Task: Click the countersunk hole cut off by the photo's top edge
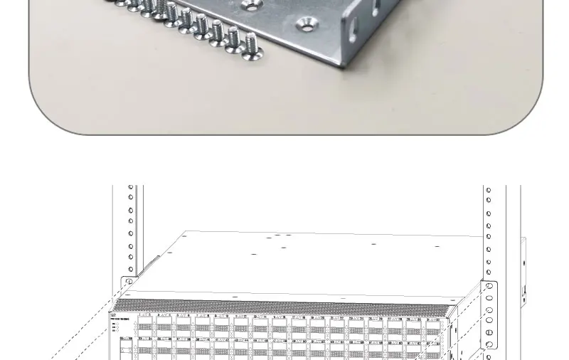250,5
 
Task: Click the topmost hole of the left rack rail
131,188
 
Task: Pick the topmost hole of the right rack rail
489,190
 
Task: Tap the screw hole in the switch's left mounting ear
129,282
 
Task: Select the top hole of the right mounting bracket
489,287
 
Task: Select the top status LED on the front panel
114,324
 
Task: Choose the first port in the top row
145,327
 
